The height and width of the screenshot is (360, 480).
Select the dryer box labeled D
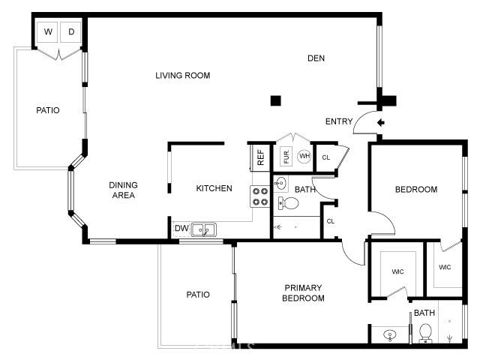click(x=71, y=31)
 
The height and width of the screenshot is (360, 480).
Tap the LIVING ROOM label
click(x=182, y=75)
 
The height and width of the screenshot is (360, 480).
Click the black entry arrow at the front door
click(x=380, y=122)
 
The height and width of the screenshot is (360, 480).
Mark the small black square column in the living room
click(x=276, y=100)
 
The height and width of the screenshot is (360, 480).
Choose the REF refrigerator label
click(x=260, y=157)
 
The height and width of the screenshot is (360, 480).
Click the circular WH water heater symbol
click(x=304, y=157)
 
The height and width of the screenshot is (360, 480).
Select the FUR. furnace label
click(x=286, y=157)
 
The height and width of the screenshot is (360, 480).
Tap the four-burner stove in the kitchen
click(x=260, y=196)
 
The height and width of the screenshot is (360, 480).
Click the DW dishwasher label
click(x=181, y=229)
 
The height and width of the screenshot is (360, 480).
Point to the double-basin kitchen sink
click(x=204, y=229)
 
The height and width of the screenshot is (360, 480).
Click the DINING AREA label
click(x=122, y=190)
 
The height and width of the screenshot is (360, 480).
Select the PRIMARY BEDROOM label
click(x=303, y=292)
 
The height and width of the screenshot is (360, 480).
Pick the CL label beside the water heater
click(x=325, y=157)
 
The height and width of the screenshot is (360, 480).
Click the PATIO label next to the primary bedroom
click(x=197, y=295)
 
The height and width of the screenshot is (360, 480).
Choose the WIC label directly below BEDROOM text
click(x=397, y=271)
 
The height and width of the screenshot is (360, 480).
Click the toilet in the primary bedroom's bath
click(x=425, y=331)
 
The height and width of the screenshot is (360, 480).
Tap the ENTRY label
click(x=339, y=121)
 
